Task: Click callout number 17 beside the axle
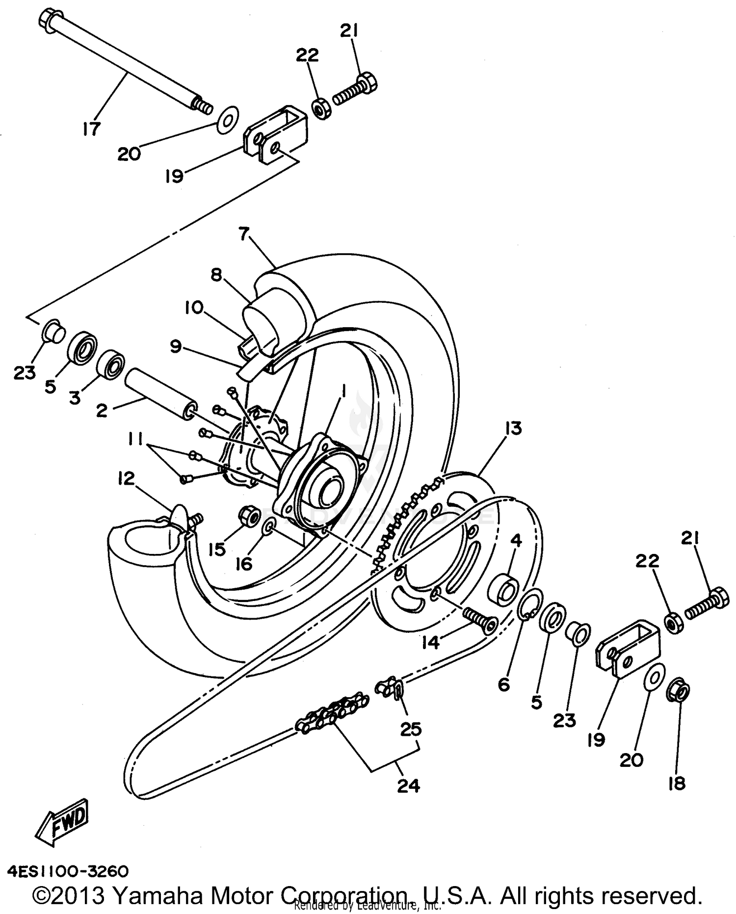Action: [x=91, y=129]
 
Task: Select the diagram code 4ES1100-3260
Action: [x=68, y=871]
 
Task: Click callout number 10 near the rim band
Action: [x=194, y=308]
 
